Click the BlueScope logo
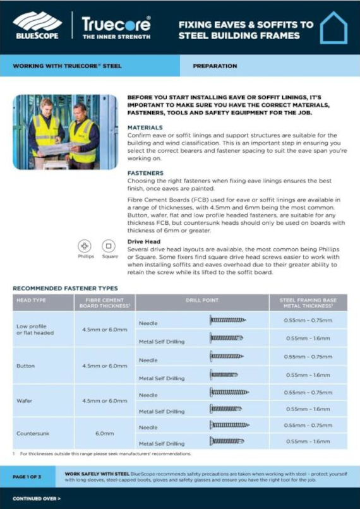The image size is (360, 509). (x=37, y=25)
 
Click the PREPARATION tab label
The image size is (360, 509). (x=215, y=66)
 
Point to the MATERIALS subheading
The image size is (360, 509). (x=145, y=128)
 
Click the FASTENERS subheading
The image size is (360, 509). (x=146, y=172)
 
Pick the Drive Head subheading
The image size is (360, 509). (x=144, y=241)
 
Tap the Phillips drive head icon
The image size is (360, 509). (x=85, y=246)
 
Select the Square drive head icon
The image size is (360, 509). (x=109, y=246)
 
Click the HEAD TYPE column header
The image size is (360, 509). (x=31, y=300)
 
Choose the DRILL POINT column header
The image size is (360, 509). (x=202, y=300)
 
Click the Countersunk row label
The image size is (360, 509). (x=33, y=434)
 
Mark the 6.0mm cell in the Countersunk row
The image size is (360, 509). (x=104, y=434)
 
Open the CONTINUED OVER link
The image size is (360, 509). (x=37, y=498)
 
